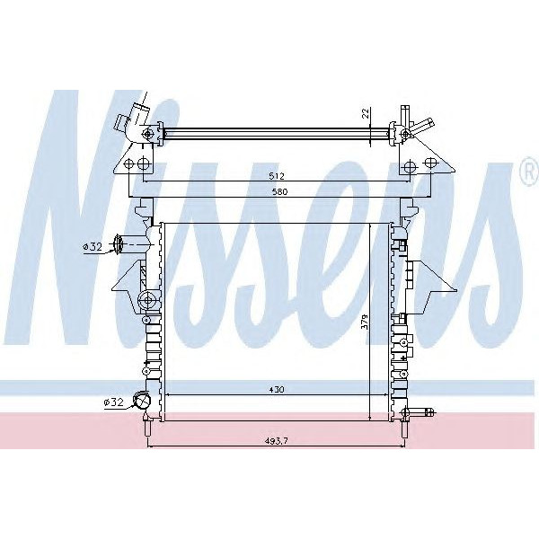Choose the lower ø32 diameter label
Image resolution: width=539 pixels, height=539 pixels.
[x=113, y=402]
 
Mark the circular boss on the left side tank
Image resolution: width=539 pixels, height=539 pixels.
[x=148, y=299]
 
